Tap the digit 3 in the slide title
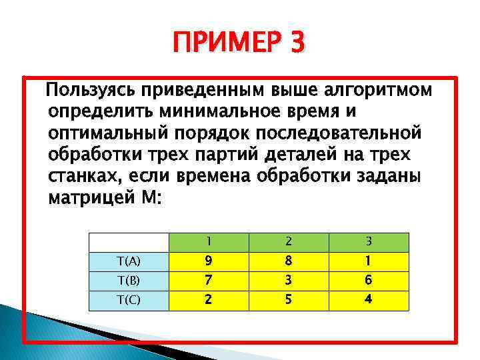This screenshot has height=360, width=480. (x=297, y=43)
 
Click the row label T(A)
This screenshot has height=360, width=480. (x=128, y=261)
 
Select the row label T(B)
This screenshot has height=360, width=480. (x=128, y=281)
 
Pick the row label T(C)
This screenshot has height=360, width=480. (x=128, y=300)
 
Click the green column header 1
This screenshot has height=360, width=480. (x=209, y=241)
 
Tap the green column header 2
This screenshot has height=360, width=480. (x=289, y=241)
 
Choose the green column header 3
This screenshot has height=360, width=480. (x=369, y=241)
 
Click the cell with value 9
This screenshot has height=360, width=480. (x=209, y=261)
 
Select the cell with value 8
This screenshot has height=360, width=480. (x=289, y=261)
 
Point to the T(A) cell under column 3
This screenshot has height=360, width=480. (x=369, y=261)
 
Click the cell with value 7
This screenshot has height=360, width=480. (x=209, y=281)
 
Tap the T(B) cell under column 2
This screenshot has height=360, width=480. (x=289, y=281)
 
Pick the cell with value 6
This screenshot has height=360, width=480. (x=369, y=281)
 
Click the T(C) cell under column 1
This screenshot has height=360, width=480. (x=209, y=300)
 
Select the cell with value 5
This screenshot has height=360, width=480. (x=289, y=300)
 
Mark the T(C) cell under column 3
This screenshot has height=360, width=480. (x=369, y=300)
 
